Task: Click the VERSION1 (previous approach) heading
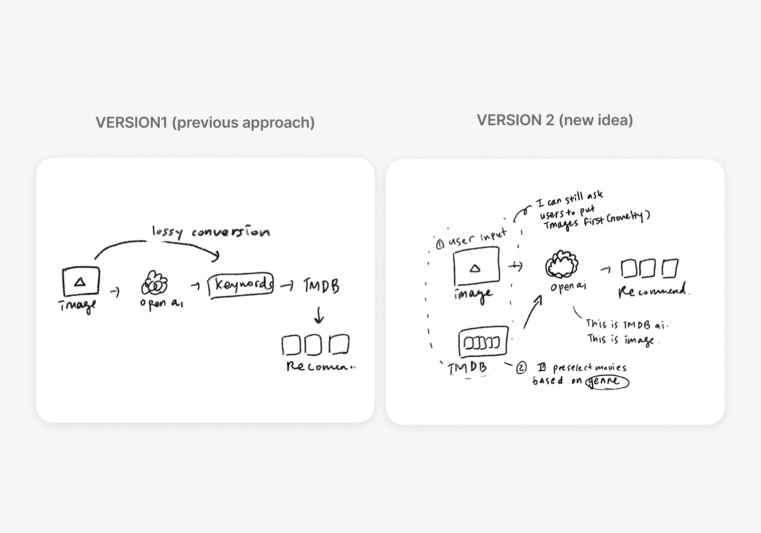point(205,123)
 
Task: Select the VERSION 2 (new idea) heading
point(554,120)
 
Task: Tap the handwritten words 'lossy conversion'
point(211,231)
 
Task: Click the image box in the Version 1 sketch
point(81,282)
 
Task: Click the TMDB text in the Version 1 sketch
point(321,286)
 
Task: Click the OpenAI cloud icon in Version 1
point(154,284)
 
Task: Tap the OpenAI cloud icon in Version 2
point(562,264)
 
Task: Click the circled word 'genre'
point(607,381)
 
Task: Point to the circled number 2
point(521,368)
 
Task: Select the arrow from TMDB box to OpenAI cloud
point(532,312)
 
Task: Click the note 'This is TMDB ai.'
point(626,324)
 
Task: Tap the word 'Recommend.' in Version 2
point(653,291)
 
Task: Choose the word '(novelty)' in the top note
point(632,217)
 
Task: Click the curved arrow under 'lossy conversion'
point(155,244)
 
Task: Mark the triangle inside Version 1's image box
point(80,283)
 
